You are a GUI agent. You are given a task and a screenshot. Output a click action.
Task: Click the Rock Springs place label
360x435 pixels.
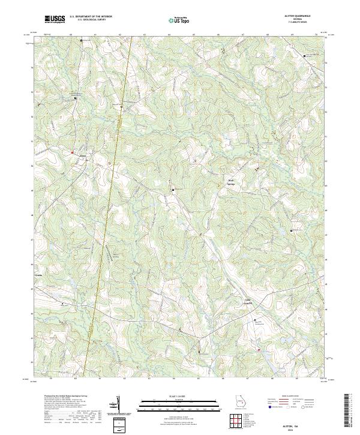pyautogui.click(x=231, y=181)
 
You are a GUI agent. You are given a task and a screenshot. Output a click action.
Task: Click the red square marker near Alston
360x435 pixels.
pyautogui.click(x=73, y=153)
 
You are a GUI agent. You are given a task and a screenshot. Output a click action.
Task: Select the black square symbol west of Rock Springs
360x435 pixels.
pyautogui.click(x=173, y=190)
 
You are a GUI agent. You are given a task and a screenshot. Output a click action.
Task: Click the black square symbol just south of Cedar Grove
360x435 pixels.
pyautogui.click(x=254, y=320)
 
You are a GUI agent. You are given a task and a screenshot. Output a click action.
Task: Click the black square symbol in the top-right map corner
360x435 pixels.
pyautogui.click(x=304, y=56)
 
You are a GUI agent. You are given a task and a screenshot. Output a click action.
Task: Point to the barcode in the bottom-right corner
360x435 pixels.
pyautogui.click(x=351, y=413)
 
